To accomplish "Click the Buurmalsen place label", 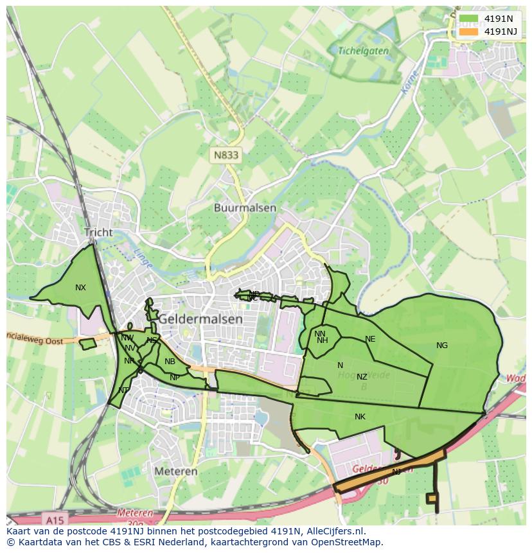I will point(245,208).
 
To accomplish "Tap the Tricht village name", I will point(98,233).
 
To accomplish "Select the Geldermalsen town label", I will point(200,319).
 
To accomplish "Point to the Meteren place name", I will point(176,471).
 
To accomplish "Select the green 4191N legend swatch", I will point(469,19).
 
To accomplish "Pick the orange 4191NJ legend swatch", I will point(469,31).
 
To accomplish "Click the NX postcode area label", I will point(80,288).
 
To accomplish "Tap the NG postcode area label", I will point(442,346).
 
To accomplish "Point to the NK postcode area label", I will point(360,417).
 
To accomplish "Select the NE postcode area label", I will point(370,339).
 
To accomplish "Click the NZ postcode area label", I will point(362,377).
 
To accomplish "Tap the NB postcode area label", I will point(170,362).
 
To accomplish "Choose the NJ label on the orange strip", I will point(396,471).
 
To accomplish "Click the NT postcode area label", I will point(123,390).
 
